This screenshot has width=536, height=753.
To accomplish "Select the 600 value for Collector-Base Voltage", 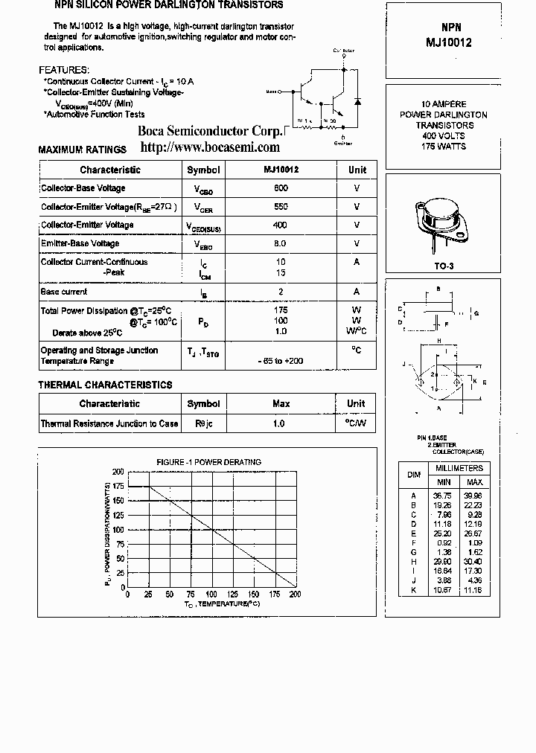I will pos(281,188).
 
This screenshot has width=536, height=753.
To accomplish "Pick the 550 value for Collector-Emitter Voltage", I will pos(281,207).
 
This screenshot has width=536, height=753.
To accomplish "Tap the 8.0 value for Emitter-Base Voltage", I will pos(281,243).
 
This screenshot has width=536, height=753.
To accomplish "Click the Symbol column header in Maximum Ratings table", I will pos(203,170).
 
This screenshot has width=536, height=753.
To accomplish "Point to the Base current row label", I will pos(64,292).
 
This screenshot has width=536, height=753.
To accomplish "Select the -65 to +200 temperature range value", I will pos(281,361).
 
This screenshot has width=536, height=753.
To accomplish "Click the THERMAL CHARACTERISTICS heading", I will pos(105,385).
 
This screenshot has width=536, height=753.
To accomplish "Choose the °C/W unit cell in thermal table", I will pos(356,423).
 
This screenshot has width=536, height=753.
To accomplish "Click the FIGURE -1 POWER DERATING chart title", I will pos(208,462).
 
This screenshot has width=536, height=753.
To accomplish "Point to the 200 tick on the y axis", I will pos(118,472).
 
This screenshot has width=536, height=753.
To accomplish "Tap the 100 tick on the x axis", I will pos(212,595).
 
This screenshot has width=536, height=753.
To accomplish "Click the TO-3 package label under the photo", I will pos(444,266).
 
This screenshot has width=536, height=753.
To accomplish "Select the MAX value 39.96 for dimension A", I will pos(473,495).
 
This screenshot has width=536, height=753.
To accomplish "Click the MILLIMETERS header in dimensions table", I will pos(459,468).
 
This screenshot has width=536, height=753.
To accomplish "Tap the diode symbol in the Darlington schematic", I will pos(358,100).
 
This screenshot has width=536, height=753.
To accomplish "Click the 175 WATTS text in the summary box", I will pos(443,147).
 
